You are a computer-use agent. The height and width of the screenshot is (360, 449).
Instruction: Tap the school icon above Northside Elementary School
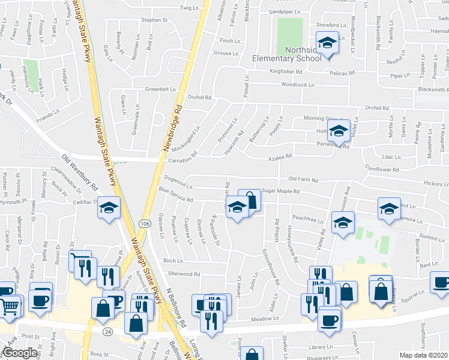[327, 43]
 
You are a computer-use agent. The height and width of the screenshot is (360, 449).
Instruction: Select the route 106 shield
[146, 223]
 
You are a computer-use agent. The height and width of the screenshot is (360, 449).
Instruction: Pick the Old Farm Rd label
[301, 179]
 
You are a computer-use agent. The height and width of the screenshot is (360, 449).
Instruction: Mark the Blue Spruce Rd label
[175, 195]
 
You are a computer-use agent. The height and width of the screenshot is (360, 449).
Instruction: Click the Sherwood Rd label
[184, 274]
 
